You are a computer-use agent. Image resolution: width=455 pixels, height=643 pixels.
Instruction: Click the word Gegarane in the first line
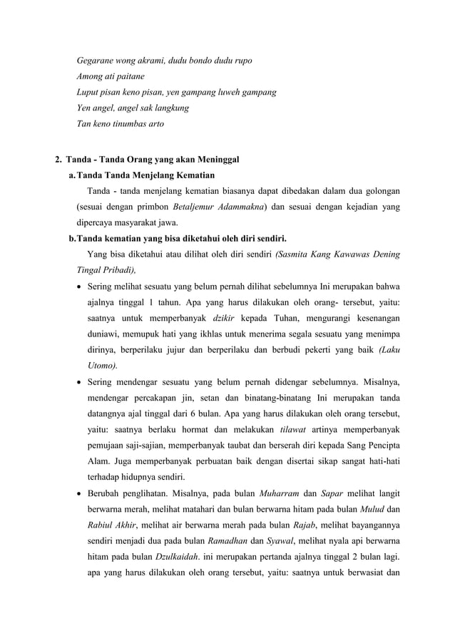click(97, 60)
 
